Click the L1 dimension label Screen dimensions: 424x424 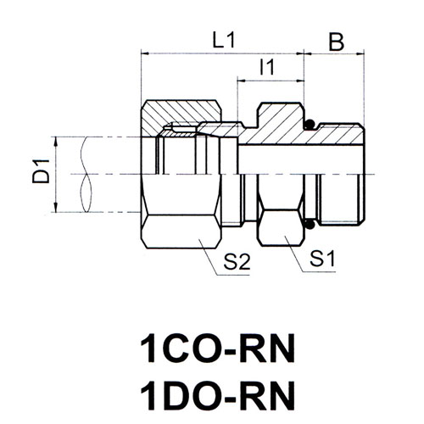click(224, 41)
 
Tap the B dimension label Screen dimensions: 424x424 click(337, 42)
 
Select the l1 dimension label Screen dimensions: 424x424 click(267, 68)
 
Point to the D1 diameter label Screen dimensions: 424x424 click(41, 171)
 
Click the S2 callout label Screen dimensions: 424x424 click(237, 262)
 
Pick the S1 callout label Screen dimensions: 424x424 click(322, 259)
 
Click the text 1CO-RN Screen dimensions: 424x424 click(218, 349)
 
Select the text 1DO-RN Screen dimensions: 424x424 click(218, 396)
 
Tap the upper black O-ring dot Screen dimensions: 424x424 click(310, 125)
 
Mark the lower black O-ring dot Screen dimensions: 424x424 click(310, 224)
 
